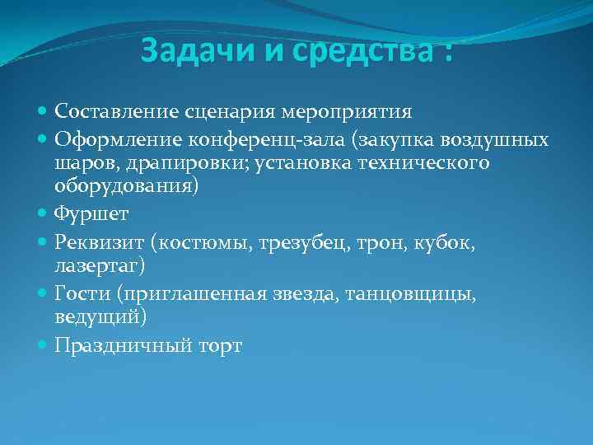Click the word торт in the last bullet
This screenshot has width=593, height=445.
tap(217, 347)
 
